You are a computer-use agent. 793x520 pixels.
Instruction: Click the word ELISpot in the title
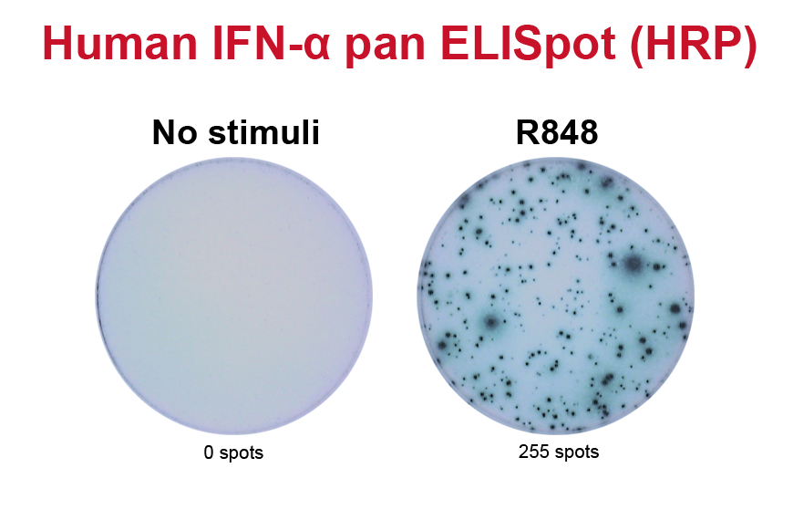[x=528, y=45]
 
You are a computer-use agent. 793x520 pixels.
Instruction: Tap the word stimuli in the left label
[x=264, y=132]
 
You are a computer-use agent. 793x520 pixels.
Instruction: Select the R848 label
[x=557, y=132]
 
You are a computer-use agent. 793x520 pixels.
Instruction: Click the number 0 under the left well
[x=209, y=452]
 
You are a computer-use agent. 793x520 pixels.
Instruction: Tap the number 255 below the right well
[x=533, y=452]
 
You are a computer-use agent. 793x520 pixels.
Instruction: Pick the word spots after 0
[x=242, y=453]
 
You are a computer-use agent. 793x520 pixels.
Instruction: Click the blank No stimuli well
[x=233, y=296]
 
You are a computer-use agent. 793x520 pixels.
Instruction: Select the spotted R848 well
[x=555, y=296]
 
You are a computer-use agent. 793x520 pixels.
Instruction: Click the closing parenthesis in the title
[x=750, y=46]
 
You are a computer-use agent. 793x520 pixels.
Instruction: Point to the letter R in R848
[x=527, y=132]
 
